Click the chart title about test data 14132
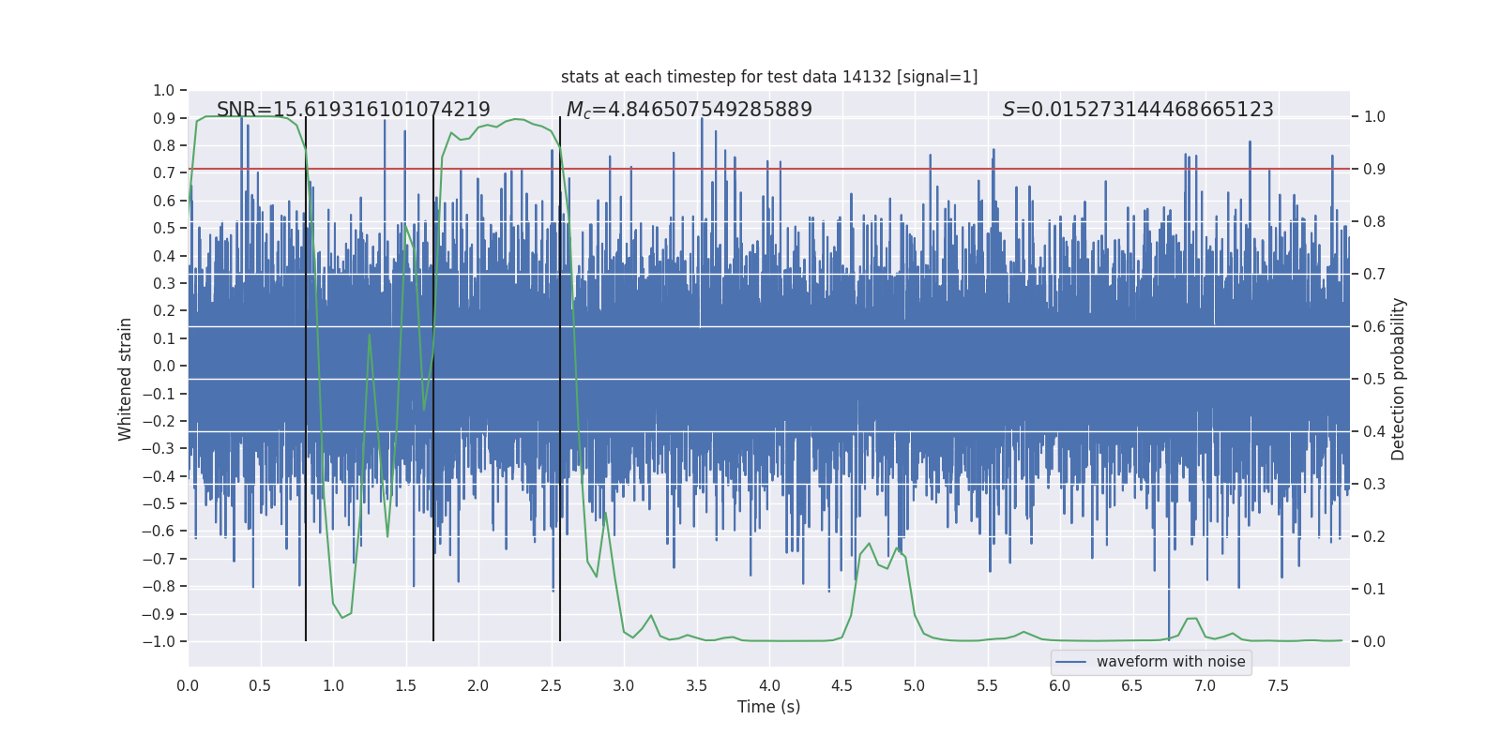pyautogui.click(x=769, y=77)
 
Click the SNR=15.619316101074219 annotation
pyautogui.click(x=354, y=110)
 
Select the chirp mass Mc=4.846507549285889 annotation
pyautogui.click(x=689, y=110)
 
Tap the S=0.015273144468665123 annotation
pyautogui.click(x=1138, y=110)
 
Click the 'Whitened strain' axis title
pyautogui.click(x=126, y=379)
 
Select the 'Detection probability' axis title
pyautogui.click(x=1399, y=379)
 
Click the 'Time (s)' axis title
pyautogui.click(x=769, y=707)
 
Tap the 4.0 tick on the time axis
pyautogui.click(x=769, y=685)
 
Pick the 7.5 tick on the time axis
pyautogui.click(x=1278, y=685)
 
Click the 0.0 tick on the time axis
pyautogui.click(x=188, y=685)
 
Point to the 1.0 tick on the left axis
pyautogui.click(x=164, y=90)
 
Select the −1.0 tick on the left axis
pyautogui.click(x=160, y=641)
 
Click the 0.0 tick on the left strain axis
pyautogui.click(x=164, y=366)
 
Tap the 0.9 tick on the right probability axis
pyautogui.click(x=1374, y=169)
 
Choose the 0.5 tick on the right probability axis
pyautogui.click(x=1374, y=379)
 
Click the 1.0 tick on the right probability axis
pyautogui.click(x=1374, y=116)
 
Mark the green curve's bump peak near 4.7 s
pyautogui.click(x=870, y=544)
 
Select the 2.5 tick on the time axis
pyautogui.click(x=551, y=685)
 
